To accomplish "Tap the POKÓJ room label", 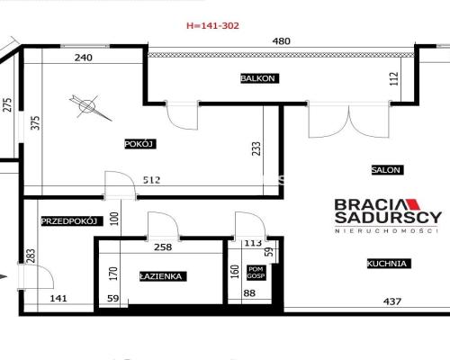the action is (140, 144).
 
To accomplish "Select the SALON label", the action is (387, 170).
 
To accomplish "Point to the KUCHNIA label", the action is (389, 264).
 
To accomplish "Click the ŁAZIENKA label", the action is (163, 276).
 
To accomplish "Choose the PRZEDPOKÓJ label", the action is (72, 221).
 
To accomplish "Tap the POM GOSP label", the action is (256, 273).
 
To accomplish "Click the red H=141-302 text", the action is (212, 26).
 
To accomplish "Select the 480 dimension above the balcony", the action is (282, 41).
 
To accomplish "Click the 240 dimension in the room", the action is (84, 58).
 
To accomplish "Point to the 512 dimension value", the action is (152, 180).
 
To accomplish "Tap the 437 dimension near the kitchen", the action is (392, 301).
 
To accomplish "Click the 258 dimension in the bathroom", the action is (163, 247).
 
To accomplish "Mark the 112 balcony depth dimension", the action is (394, 79).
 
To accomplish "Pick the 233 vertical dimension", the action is (256, 148).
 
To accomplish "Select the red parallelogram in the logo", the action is (412, 204).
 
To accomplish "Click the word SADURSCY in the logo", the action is (388, 217).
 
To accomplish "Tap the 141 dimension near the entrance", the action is (58, 299).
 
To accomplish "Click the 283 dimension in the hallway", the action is (31, 256).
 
